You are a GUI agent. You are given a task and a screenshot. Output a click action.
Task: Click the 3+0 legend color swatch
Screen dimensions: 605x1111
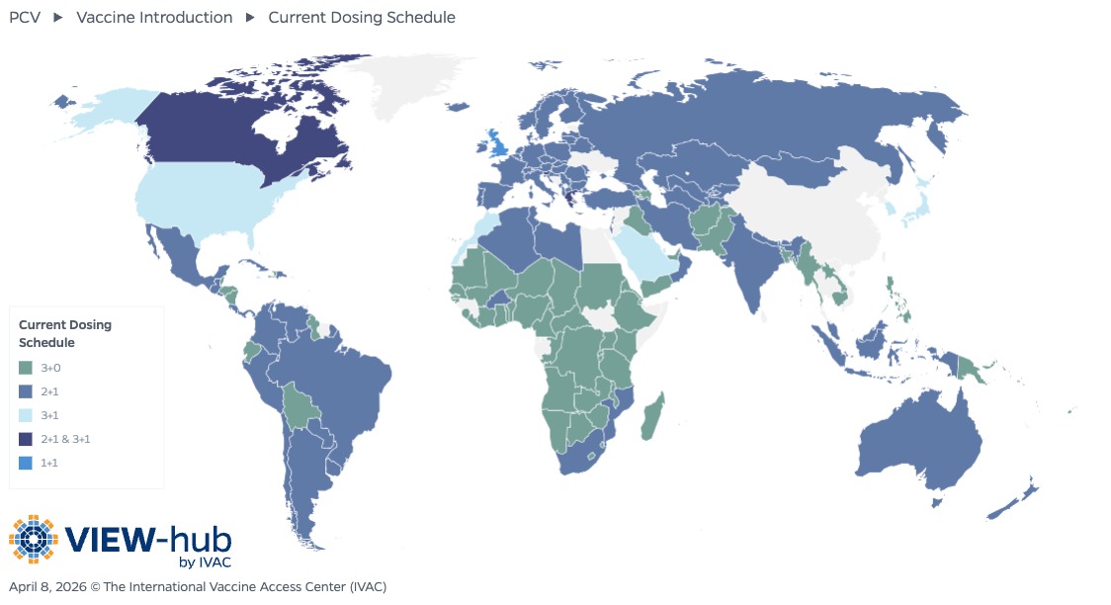tap(27, 368)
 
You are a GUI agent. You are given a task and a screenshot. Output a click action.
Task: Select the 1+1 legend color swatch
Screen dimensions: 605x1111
tap(27, 463)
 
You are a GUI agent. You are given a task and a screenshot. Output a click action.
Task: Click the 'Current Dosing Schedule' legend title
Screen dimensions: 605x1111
tap(65, 333)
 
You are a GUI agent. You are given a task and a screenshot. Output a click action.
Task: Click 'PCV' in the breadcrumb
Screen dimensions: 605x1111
tap(25, 17)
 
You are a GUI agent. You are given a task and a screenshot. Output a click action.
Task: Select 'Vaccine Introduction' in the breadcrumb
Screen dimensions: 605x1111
tap(154, 17)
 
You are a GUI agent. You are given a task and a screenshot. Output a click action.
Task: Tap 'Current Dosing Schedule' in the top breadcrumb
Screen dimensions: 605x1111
tap(362, 17)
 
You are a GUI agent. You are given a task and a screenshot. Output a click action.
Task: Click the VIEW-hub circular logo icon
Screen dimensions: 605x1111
tap(34, 540)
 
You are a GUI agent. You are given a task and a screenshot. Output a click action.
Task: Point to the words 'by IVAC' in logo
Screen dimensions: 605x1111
tap(205, 562)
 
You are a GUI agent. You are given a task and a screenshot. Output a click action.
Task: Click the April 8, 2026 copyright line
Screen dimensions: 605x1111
tap(198, 587)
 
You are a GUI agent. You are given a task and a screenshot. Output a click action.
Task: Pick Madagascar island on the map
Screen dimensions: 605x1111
tap(653, 415)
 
